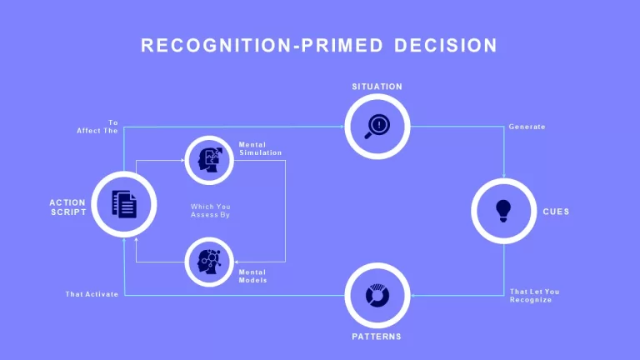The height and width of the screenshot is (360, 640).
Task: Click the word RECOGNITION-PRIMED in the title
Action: tap(262, 45)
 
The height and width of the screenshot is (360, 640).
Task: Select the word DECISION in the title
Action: tap(446, 45)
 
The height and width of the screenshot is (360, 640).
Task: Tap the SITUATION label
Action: tap(377, 87)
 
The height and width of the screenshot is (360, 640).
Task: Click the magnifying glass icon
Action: tap(377, 127)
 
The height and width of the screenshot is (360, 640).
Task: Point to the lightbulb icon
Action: tap(503, 211)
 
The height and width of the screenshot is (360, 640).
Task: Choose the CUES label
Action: tap(556, 212)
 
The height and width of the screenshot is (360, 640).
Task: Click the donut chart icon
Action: tap(377, 296)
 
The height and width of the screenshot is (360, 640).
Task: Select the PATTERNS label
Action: tap(377, 337)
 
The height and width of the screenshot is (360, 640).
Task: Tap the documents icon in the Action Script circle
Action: tap(124, 204)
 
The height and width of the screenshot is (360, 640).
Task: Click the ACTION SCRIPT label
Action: tap(67, 207)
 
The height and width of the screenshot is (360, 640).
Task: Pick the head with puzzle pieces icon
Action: tap(210, 160)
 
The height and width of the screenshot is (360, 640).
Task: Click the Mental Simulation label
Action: tap(260, 148)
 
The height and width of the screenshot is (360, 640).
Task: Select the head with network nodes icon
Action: tap(209, 262)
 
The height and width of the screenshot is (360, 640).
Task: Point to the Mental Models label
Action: tap(252, 277)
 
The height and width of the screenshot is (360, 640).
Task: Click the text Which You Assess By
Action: tap(211, 211)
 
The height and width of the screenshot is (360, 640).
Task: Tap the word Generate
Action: tap(527, 127)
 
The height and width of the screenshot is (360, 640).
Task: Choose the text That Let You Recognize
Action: tap(535, 296)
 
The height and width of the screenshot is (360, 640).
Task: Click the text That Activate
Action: tap(92, 294)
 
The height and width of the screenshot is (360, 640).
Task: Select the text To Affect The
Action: tap(97, 127)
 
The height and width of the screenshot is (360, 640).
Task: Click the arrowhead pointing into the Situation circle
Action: tap(342, 127)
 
